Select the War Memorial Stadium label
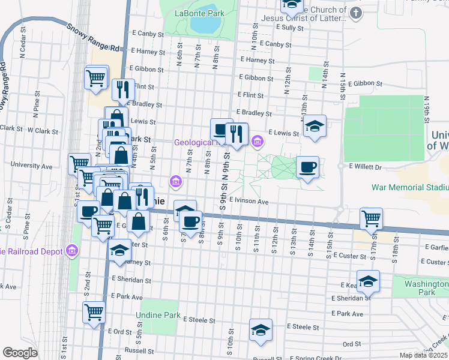(410, 187)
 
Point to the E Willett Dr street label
(360, 167)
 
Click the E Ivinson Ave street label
(248, 202)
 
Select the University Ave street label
(29, 166)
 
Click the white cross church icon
(356, 12)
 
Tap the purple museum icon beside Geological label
(257, 142)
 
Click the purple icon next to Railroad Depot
(71, 250)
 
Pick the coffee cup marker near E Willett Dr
(307, 167)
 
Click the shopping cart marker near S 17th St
(371, 219)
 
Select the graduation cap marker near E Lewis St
(314, 127)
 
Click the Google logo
(20, 353)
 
